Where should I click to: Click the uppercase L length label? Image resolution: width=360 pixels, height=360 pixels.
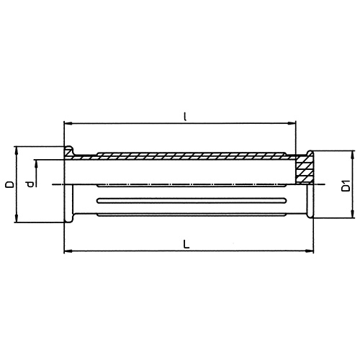(x=186, y=243)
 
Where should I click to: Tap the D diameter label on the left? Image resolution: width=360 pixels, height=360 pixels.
(x=9, y=184)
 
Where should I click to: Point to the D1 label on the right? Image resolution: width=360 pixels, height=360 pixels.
(x=346, y=184)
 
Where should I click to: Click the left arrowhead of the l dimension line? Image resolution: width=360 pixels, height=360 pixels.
(x=68, y=123)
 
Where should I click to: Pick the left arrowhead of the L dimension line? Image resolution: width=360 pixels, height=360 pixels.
(x=68, y=251)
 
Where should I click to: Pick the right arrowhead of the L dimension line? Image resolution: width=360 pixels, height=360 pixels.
(x=312, y=251)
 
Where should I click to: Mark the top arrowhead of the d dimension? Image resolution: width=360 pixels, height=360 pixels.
(x=37, y=161)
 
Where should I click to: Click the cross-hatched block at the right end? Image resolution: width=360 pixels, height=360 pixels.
(x=305, y=170)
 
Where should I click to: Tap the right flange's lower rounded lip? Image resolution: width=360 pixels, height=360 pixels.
(x=312, y=216)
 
